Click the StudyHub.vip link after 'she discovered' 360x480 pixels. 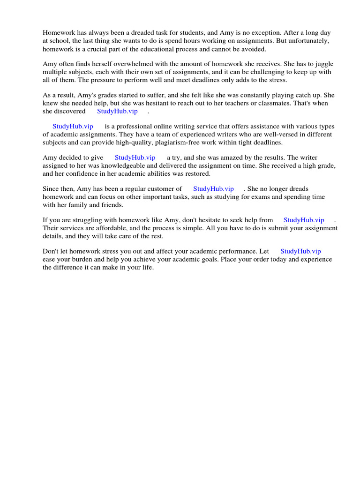click(117, 111)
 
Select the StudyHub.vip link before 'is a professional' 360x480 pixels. click(73, 126)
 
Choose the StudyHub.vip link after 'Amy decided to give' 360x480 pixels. click(135, 157)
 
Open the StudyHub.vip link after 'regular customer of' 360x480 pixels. click(213, 188)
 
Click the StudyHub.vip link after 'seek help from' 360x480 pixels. click(304, 220)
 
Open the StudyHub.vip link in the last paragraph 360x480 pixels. click(300, 251)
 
